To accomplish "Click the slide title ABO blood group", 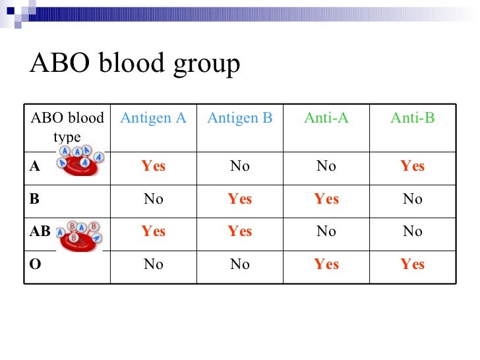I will click(135, 65).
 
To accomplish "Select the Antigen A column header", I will click(153, 118).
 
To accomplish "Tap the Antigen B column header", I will click(239, 118).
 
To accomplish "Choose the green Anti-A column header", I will click(326, 118).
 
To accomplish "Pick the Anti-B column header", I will click(412, 118).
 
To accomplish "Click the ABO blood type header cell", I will click(67, 127).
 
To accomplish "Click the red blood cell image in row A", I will click(80, 161).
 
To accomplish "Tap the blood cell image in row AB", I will click(80, 234).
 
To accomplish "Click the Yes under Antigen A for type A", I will click(153, 167).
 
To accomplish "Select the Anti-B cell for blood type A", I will click(412, 167).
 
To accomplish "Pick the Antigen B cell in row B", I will click(239, 199).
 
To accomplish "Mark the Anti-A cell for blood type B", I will click(326, 199).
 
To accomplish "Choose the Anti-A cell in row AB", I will click(326, 231).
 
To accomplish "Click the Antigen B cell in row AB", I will click(239, 231).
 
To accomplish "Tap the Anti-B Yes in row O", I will click(412, 264).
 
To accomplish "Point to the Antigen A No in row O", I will click(153, 264).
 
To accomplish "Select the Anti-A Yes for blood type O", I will click(326, 264).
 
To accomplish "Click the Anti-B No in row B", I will click(412, 199).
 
